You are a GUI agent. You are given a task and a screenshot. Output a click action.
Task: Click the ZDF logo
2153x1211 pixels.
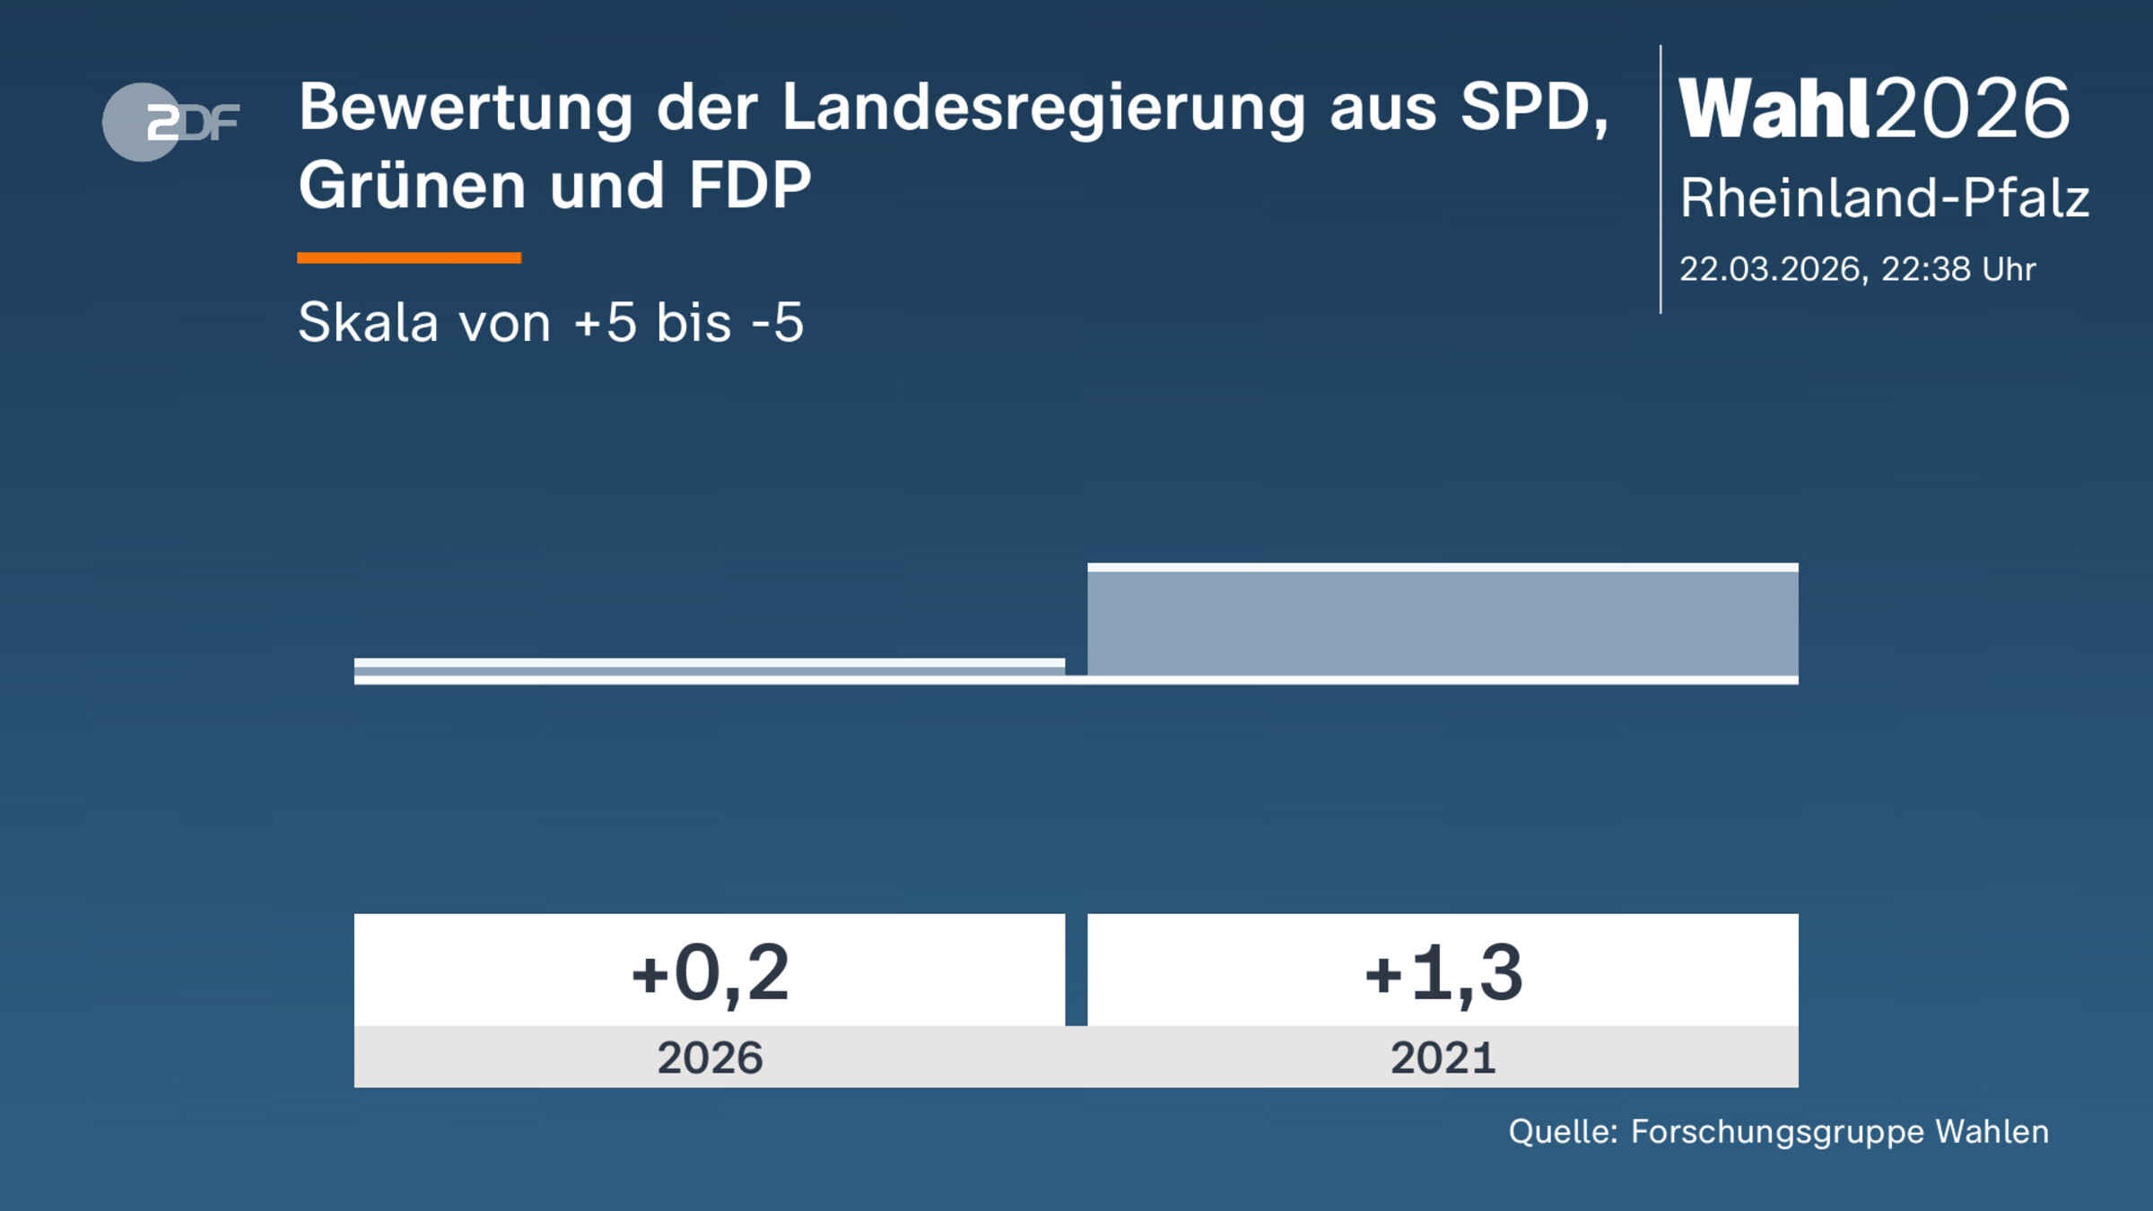pos(170,122)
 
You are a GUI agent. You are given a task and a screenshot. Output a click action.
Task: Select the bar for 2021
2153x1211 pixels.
pos(1443,622)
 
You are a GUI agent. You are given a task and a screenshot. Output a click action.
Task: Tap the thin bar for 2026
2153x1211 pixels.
pos(709,666)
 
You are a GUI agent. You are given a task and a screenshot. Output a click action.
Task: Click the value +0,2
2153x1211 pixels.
pos(710,972)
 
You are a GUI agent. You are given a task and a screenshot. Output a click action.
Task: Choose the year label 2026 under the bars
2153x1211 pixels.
pos(710,1058)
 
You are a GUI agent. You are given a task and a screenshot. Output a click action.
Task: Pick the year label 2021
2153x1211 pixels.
pos(1443,1058)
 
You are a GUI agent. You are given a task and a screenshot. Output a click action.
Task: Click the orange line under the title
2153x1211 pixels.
pos(409,258)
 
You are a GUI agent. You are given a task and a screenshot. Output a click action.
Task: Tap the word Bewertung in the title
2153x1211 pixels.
pos(466,108)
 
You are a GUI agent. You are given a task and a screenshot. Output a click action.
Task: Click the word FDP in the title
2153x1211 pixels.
pos(750,186)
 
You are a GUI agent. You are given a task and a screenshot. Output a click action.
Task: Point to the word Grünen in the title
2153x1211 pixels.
pos(412,186)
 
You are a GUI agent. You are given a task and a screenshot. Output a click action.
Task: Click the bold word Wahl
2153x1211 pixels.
pos(1774,109)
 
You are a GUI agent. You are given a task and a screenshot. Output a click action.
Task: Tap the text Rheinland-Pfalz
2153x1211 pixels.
pos(1884,198)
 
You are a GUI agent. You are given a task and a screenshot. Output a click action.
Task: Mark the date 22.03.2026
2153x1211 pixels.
pos(1772,269)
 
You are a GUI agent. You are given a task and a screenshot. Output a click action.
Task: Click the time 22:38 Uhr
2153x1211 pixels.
pos(1958,269)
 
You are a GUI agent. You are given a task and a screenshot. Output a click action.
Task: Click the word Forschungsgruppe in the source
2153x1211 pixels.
pos(1777,1132)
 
